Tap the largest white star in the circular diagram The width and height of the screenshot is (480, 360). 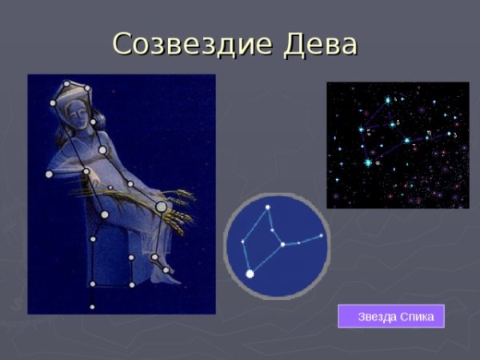click(x=250, y=274)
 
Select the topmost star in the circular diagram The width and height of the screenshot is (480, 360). click(x=268, y=208)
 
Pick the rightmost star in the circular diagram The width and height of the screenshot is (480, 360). click(x=322, y=236)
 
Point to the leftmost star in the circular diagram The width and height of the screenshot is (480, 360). click(x=242, y=242)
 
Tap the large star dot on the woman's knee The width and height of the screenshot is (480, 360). click(x=162, y=207)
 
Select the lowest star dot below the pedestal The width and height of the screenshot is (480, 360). click(x=92, y=306)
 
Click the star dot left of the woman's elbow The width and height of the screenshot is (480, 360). click(x=49, y=174)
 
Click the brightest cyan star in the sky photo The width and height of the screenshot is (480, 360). click(x=368, y=162)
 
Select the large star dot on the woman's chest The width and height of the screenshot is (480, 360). click(x=102, y=150)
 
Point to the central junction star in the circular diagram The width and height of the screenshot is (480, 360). click(x=282, y=243)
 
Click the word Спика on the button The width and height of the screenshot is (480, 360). click(x=418, y=317)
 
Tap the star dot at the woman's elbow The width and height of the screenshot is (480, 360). click(x=86, y=170)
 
